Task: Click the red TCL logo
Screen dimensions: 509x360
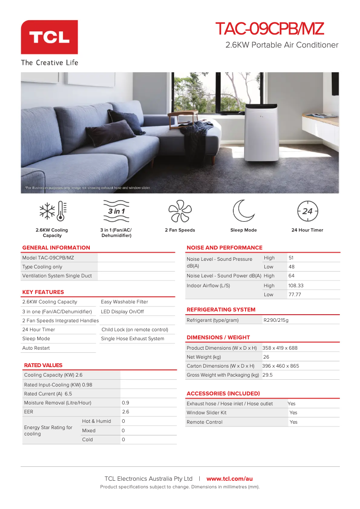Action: coord(49,37)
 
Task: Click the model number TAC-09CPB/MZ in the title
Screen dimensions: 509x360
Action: coord(269,29)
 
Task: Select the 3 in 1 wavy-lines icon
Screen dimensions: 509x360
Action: coord(116,211)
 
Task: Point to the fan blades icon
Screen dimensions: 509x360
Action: coord(180,211)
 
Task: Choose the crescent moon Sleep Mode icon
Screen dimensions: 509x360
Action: coord(243,211)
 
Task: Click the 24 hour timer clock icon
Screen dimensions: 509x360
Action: coord(307,211)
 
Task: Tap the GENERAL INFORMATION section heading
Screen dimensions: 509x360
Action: coord(56,248)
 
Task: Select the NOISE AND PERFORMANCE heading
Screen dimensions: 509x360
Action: coord(224,248)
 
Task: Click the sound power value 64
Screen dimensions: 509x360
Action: coord(292,276)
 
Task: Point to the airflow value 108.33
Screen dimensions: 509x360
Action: coord(296,285)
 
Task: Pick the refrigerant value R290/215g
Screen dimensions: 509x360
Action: coord(276,320)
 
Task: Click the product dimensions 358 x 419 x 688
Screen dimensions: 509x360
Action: coord(280,348)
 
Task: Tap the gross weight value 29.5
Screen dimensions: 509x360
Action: coord(268,375)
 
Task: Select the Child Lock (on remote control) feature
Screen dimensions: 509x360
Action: coord(135,329)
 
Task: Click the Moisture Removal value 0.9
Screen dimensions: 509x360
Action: coord(126,403)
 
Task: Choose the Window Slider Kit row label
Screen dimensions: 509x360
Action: coord(206,412)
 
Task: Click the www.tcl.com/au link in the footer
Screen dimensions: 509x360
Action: coord(229,479)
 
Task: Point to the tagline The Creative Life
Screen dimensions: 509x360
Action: coord(49,62)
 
